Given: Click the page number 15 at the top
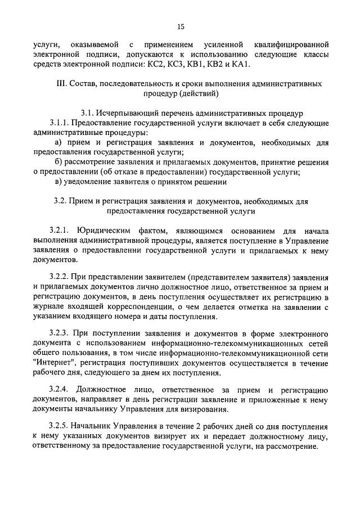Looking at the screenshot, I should pos(181,26).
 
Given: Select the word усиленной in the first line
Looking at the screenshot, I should pos(226,44).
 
